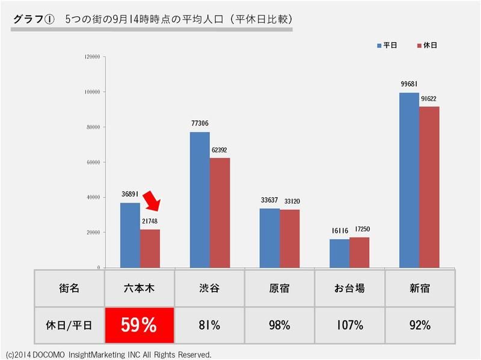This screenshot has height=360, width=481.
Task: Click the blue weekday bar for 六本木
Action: pyautogui.click(x=130, y=235)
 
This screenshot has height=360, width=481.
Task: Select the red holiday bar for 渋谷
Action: pyautogui.click(x=219, y=212)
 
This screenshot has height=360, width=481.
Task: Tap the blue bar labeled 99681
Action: pyautogui.click(x=409, y=180)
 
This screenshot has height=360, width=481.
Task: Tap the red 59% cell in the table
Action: pyautogui.click(x=139, y=325)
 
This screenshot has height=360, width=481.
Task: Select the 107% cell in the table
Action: pyautogui.click(x=349, y=325)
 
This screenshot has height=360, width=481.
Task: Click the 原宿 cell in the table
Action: pyautogui.click(x=280, y=288)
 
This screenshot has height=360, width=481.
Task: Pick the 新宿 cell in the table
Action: pyautogui.click(x=419, y=288)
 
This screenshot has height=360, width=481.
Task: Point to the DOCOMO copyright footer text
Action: pyautogui.click(x=108, y=355)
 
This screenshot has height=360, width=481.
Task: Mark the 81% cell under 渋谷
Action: pyautogui.click(x=209, y=325)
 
